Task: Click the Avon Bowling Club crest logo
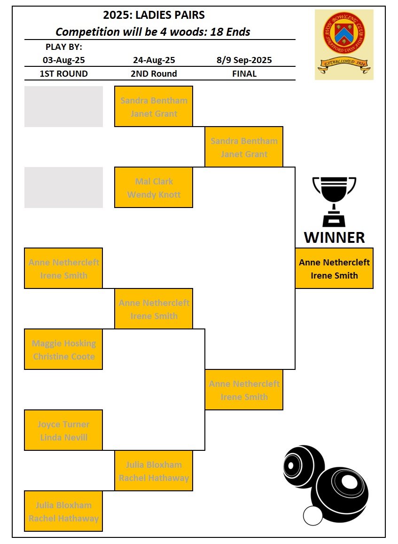click(344, 44)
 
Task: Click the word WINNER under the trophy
click(334, 237)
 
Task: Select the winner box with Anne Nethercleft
click(334, 268)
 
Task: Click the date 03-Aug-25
click(64, 60)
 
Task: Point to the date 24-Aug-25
click(154, 60)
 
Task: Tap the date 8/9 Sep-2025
click(244, 60)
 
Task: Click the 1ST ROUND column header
click(64, 74)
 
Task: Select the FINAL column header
click(244, 74)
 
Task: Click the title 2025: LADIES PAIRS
click(154, 16)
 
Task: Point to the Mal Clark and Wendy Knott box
click(154, 188)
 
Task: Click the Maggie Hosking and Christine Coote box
click(63, 350)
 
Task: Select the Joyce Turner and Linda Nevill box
click(63, 431)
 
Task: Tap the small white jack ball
click(313, 516)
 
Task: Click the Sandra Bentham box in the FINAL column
click(244, 147)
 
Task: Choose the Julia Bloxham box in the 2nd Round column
click(154, 471)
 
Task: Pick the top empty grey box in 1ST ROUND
click(63, 106)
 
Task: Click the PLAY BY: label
click(64, 47)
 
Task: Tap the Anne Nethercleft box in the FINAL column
click(244, 390)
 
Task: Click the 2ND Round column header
click(154, 74)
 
